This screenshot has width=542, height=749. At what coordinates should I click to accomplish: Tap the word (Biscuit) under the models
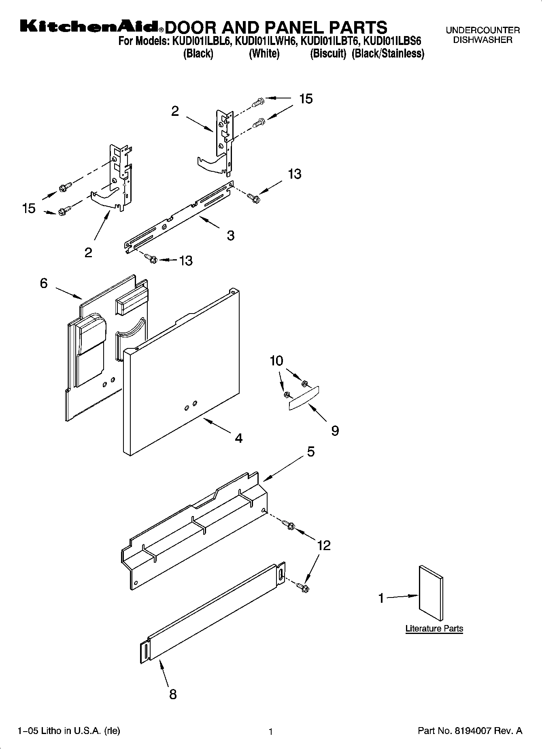[328, 54]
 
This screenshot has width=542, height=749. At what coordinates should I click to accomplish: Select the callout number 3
[230, 236]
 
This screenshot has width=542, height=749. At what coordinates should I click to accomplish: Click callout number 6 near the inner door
[44, 283]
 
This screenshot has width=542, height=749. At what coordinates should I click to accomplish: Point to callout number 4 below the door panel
[239, 438]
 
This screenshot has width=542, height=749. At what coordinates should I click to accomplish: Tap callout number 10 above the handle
[276, 361]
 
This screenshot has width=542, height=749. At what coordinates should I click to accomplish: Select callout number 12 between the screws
[324, 546]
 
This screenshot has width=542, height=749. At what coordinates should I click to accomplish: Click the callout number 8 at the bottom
[173, 694]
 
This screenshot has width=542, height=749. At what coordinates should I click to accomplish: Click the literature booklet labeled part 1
[431, 594]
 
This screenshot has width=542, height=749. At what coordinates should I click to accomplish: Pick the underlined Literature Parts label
[434, 629]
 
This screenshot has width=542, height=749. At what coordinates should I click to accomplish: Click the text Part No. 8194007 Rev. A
[470, 731]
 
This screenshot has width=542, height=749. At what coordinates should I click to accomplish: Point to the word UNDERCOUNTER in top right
[482, 30]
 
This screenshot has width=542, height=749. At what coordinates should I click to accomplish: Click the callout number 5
[310, 452]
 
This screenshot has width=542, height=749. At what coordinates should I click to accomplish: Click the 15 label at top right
[306, 99]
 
